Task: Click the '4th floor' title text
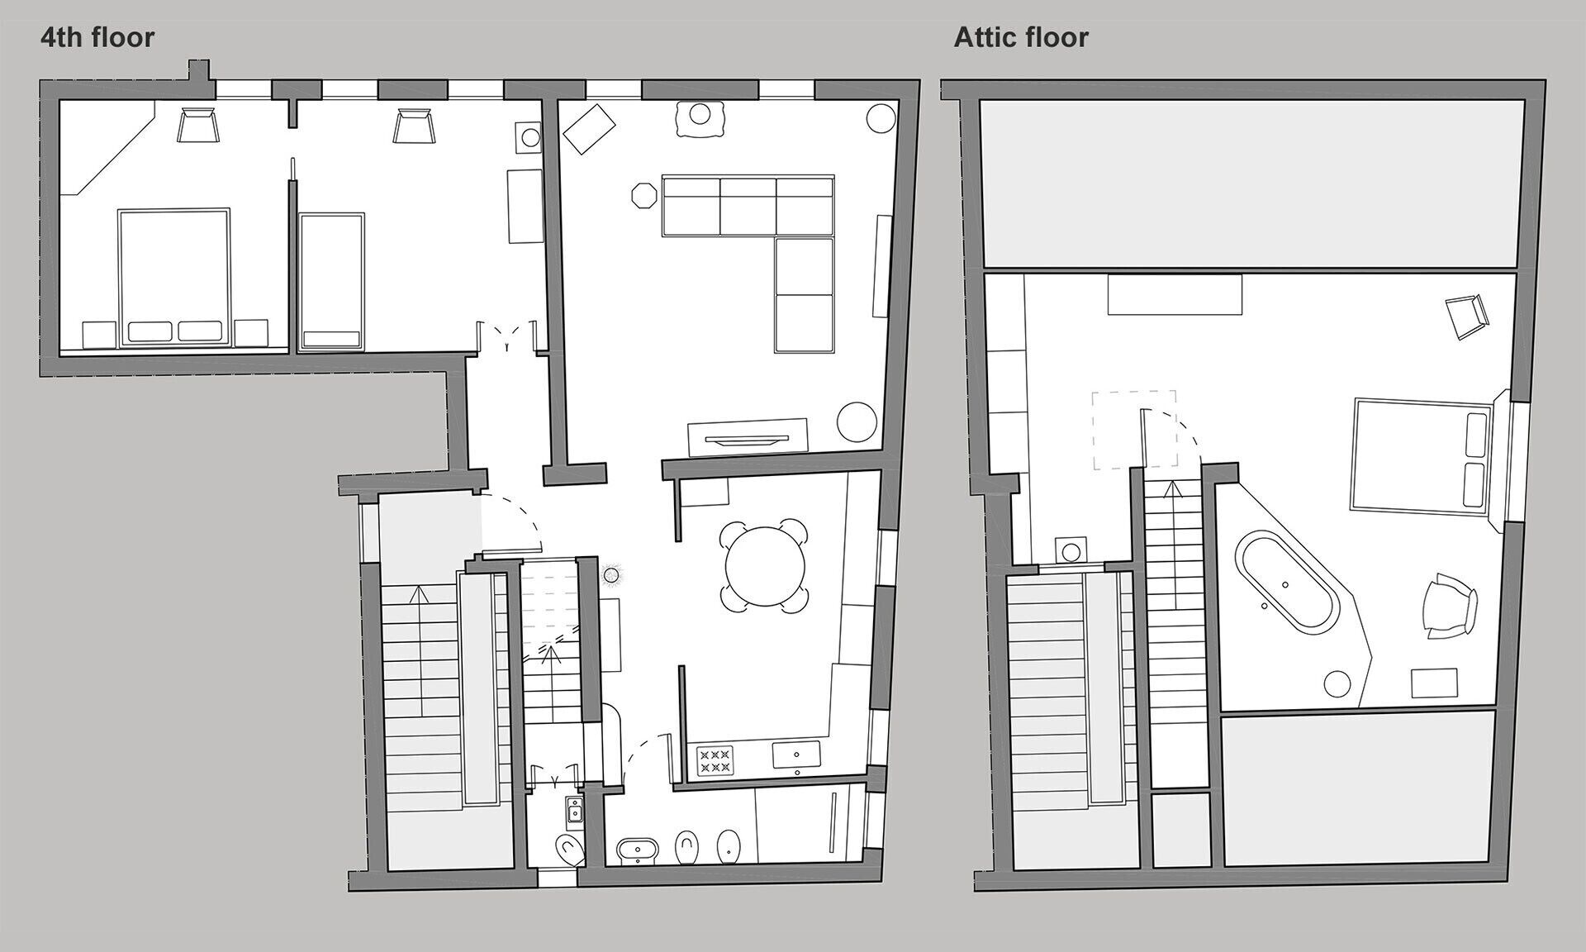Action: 97,37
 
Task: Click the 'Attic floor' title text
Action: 1021,37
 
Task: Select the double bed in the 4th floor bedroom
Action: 173,277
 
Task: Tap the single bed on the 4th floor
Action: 331,282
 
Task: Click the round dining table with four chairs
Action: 765,566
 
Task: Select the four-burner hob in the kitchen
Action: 715,761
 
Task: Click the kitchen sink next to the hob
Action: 796,754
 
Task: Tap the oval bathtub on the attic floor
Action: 1284,584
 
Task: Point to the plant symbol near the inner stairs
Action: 611,574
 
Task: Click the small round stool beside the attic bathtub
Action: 1337,683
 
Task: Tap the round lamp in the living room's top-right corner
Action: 881,117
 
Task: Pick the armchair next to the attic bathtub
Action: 1448,606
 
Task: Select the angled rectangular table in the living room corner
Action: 588,128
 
